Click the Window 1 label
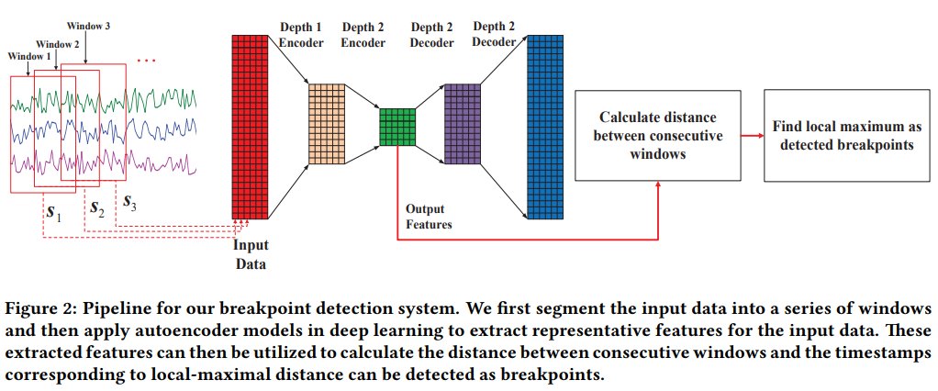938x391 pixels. tap(28, 57)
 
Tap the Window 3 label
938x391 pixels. tap(90, 26)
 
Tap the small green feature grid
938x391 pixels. tap(397, 127)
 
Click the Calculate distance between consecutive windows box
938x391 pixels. tap(659, 135)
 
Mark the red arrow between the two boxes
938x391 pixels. tap(753, 135)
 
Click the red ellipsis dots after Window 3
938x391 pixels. tap(147, 61)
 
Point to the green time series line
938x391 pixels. tap(165, 99)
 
